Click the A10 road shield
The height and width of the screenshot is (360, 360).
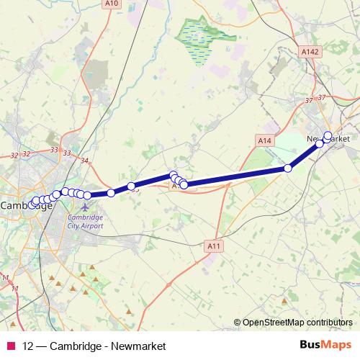pyautogui.click(x=110, y=4)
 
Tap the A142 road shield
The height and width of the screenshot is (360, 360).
pyautogui.click(x=310, y=52)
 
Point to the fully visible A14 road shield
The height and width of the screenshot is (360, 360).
pyautogui.click(x=265, y=140)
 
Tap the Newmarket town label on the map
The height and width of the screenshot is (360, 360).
pyautogui.click(x=328, y=138)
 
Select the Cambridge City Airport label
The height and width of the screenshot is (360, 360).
pyautogui.click(x=86, y=221)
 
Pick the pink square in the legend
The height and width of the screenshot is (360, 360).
pyautogui.click(x=10, y=346)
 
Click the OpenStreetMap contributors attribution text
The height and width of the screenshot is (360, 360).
pyautogui.click(x=299, y=323)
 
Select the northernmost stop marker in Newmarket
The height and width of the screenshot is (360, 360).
pyautogui.click(x=328, y=135)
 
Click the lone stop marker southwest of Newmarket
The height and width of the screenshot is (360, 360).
pyautogui.click(x=288, y=168)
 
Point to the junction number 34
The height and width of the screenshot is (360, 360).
pyautogui.click(x=85, y=160)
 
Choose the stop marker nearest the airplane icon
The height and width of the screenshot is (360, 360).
pyautogui.click(x=87, y=195)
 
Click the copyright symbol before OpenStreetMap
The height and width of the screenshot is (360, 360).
pyautogui.click(x=238, y=323)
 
